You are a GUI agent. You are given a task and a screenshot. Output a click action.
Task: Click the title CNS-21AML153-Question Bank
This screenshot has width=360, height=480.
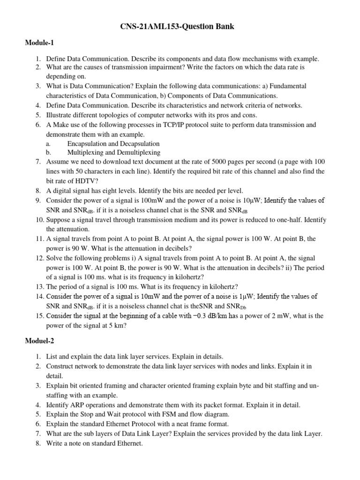coord(180,27)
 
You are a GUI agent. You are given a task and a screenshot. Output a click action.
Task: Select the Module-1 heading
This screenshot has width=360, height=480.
coord(40,43)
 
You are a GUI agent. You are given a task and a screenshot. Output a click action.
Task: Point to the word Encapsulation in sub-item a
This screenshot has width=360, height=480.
coord(88,143)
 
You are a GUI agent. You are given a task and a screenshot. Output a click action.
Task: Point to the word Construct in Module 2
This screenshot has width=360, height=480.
coord(60,366)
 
